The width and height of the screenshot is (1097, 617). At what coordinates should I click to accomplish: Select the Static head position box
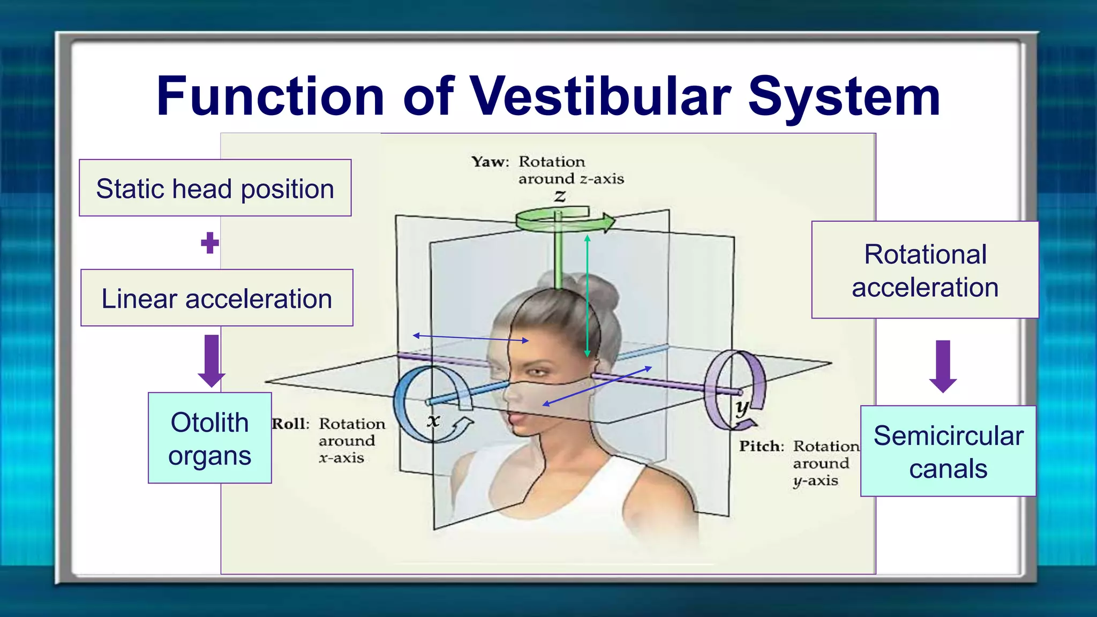pyautogui.click(x=215, y=188)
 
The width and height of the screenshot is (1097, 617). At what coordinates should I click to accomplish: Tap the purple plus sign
pyautogui.click(x=210, y=243)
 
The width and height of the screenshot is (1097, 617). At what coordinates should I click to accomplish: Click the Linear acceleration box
pyautogui.click(x=217, y=298)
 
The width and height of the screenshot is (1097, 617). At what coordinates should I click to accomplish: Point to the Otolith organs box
pyautogui.click(x=210, y=438)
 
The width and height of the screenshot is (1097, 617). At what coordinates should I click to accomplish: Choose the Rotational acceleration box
pyautogui.click(x=925, y=270)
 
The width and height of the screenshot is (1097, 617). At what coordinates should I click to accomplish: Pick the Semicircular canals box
pyautogui.click(x=948, y=452)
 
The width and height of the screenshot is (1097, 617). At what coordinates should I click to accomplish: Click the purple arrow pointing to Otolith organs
pyautogui.click(x=212, y=360)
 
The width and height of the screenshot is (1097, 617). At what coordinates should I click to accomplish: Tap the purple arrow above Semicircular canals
pyautogui.click(x=943, y=366)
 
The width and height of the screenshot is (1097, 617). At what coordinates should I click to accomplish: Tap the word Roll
pyautogui.click(x=290, y=424)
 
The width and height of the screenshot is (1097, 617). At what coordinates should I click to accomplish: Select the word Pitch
pyautogui.click(x=761, y=447)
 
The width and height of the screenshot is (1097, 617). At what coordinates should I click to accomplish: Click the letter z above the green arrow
pyautogui.click(x=560, y=196)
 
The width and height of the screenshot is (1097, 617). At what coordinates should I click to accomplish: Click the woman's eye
pyautogui.click(x=537, y=372)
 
